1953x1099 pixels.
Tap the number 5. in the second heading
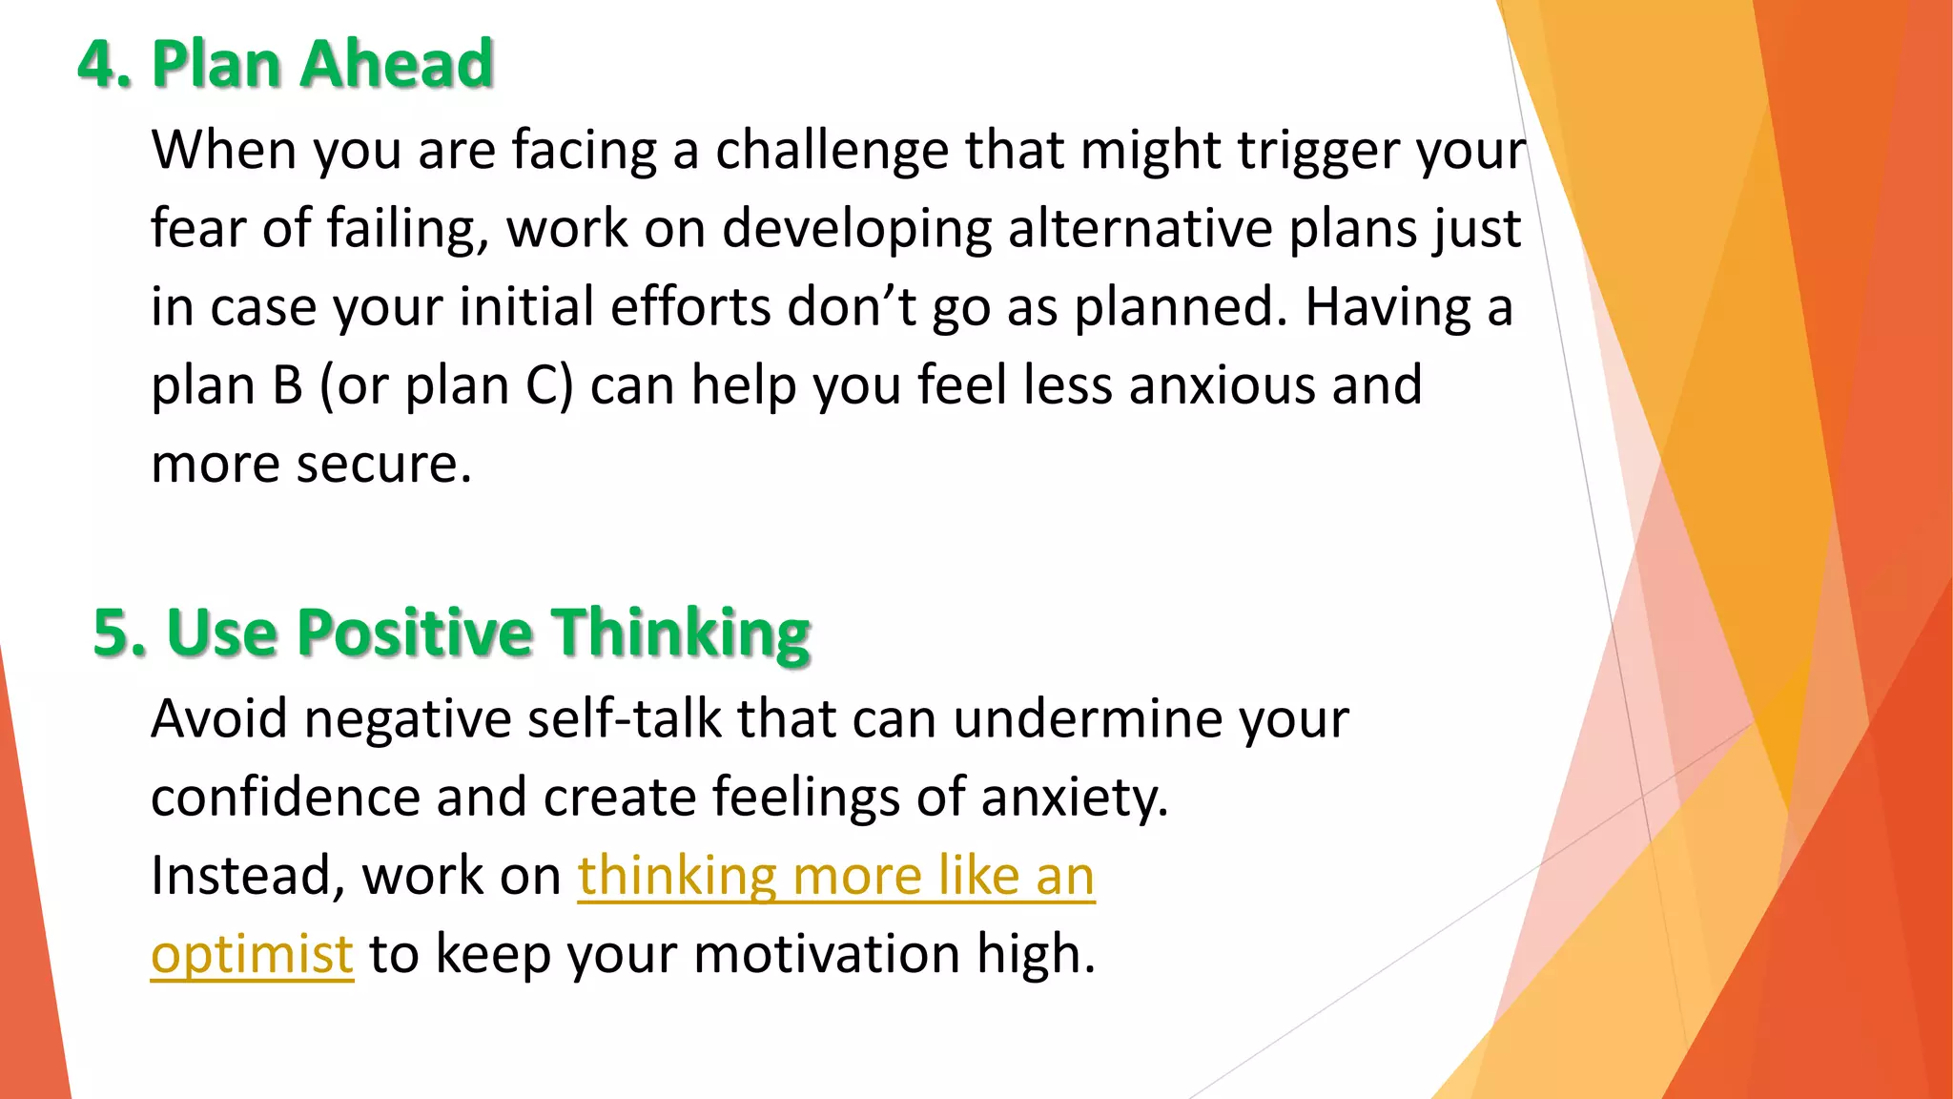119,632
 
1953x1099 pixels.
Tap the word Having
1388,307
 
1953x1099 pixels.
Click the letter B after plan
287,385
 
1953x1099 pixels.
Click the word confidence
285,797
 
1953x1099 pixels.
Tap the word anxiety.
1075,797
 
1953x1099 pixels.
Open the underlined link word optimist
252,954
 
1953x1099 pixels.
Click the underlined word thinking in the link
677,875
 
